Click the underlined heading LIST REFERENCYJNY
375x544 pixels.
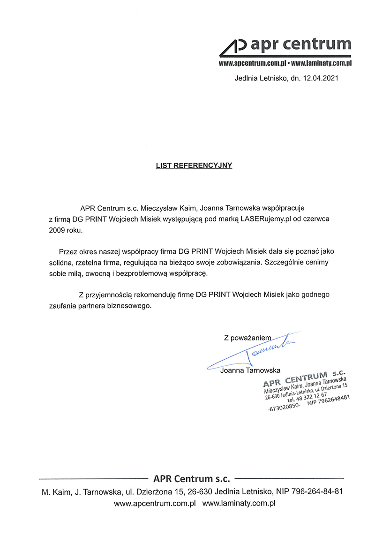(194, 166)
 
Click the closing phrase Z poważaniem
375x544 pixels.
(247, 337)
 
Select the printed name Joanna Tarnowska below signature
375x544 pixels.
(250, 370)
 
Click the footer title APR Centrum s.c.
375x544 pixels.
(192, 479)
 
